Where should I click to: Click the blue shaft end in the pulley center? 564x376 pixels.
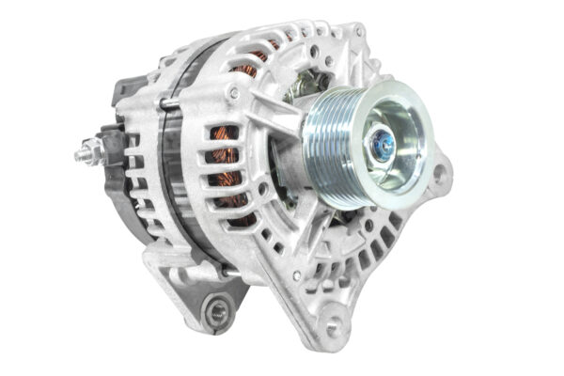point(383,145)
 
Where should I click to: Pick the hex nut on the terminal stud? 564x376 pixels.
point(91,149)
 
